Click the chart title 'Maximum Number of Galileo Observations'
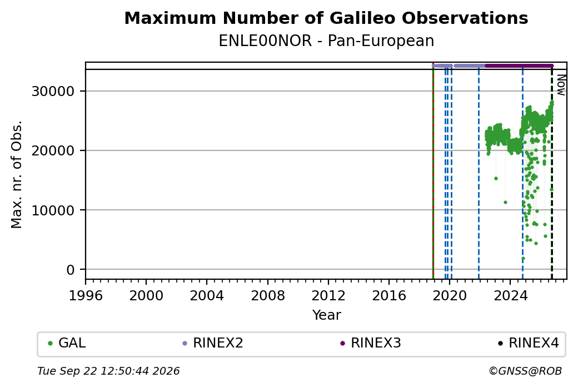click(x=326, y=18)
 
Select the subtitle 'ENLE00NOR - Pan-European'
click(x=326, y=41)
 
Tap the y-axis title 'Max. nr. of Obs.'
click(x=17, y=174)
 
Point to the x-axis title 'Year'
click(x=327, y=315)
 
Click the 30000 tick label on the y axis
click(x=53, y=91)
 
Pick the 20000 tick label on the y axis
click(x=53, y=150)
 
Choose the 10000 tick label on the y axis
click(x=53, y=210)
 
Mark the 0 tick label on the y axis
click(x=71, y=270)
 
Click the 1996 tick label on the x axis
click(x=86, y=295)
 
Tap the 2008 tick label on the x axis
click(x=268, y=295)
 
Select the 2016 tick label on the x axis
click(x=389, y=295)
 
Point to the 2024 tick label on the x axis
click(x=510, y=295)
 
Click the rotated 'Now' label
click(x=561, y=85)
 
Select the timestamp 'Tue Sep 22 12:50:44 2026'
click(x=108, y=371)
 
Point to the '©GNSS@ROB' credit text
click(x=525, y=371)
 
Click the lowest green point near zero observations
click(x=523, y=259)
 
